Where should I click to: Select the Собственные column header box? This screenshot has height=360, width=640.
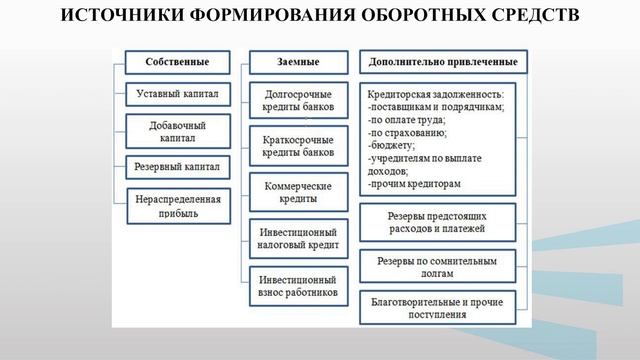coord(176,61)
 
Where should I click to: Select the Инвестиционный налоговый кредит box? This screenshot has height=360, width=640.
coord(299,237)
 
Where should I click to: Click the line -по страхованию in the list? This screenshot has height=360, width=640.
coord(407,132)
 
